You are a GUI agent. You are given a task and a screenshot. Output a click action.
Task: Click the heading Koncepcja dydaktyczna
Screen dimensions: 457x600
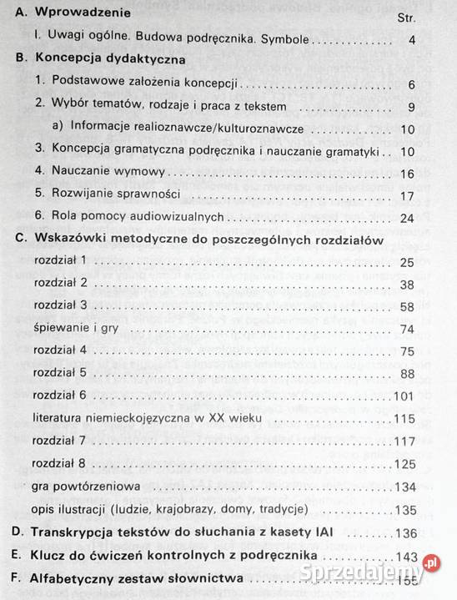pyautogui.click(x=110, y=61)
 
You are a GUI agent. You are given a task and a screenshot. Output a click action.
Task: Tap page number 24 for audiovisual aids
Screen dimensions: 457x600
pyautogui.click(x=407, y=218)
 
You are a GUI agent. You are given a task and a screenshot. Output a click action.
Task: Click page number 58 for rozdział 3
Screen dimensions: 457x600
pyautogui.click(x=407, y=306)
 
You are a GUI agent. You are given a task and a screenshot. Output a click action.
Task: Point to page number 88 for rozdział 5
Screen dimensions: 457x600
pyautogui.click(x=407, y=373)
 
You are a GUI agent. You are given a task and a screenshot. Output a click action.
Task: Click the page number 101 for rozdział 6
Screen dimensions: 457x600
pyautogui.click(x=404, y=396)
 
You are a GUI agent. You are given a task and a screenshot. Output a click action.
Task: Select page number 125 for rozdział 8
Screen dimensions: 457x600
pyautogui.click(x=404, y=462)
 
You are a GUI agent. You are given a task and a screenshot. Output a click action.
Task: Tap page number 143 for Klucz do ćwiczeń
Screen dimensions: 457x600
pyautogui.click(x=404, y=554)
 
